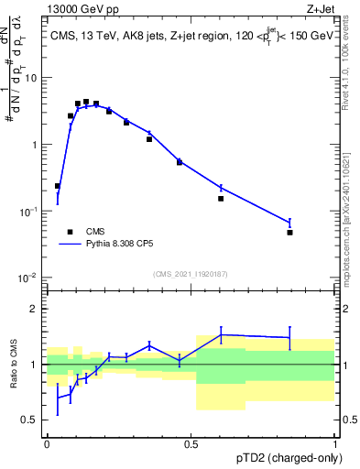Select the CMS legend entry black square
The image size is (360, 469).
click(69, 232)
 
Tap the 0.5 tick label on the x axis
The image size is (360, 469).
click(191, 443)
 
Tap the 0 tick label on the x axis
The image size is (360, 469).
click(47, 443)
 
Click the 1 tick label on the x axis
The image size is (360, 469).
click(335, 443)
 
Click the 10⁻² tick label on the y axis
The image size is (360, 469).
click(29, 278)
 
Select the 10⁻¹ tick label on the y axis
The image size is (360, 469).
click(29, 211)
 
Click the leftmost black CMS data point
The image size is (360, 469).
click(58, 186)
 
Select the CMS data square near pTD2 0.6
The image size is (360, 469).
click(221, 198)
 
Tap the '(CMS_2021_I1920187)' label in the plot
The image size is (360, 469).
click(191, 274)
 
